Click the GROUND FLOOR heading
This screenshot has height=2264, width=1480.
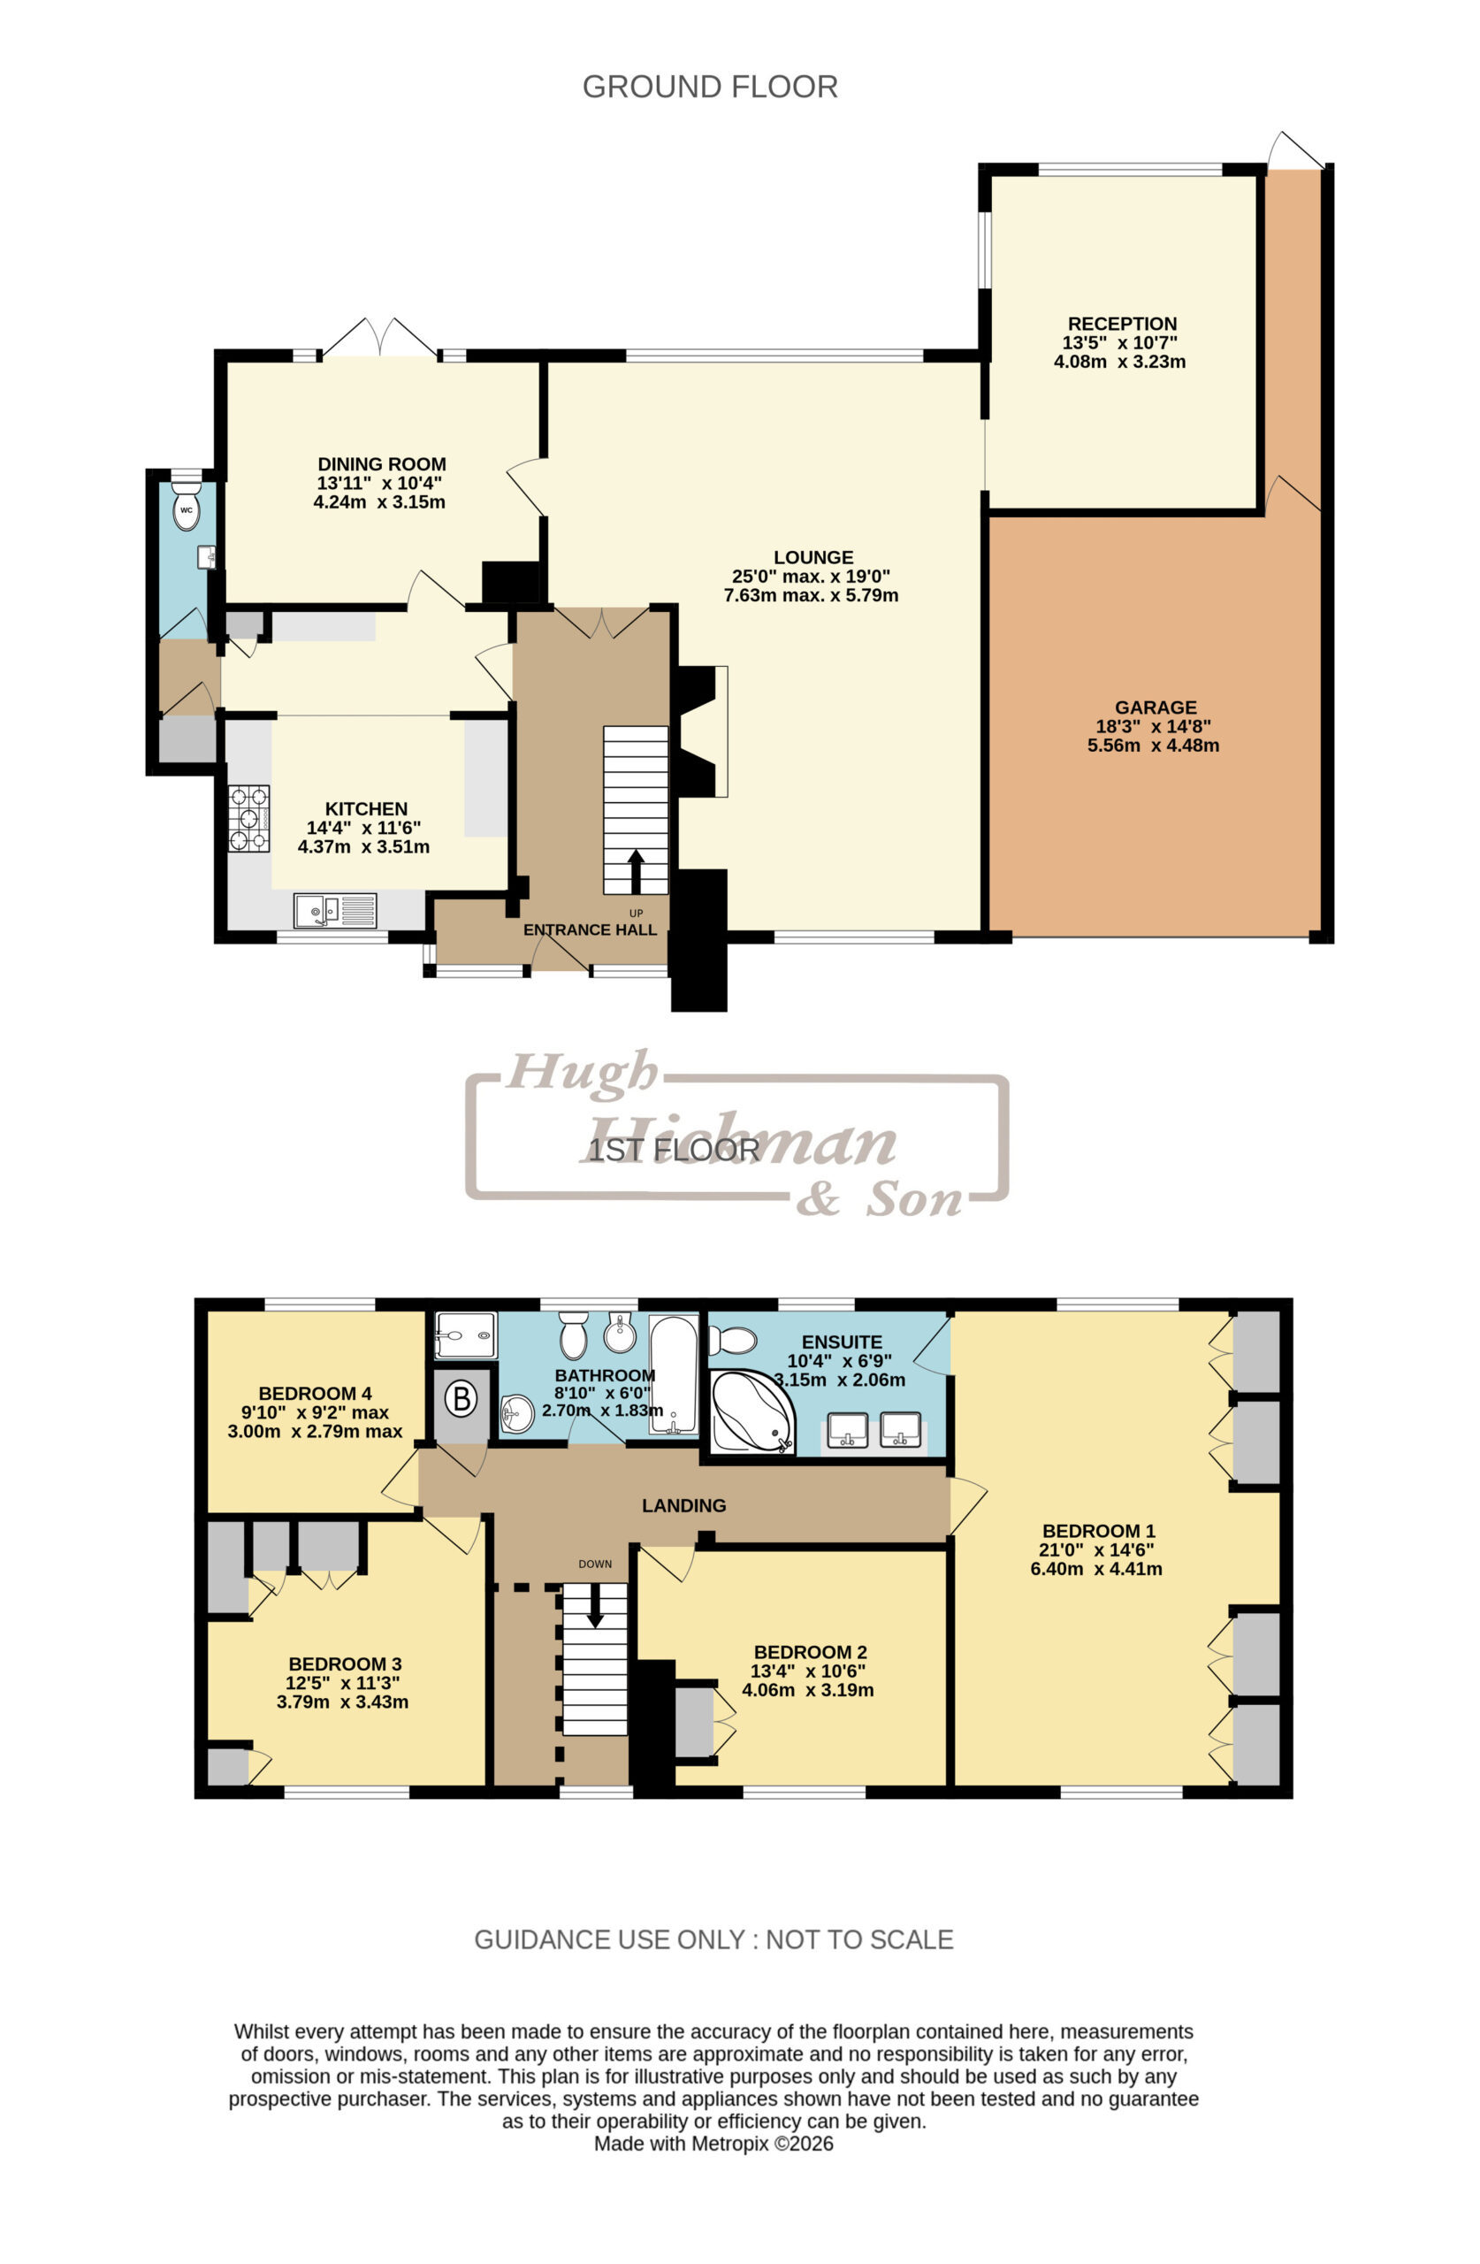(x=710, y=87)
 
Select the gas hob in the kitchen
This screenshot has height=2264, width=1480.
(x=249, y=818)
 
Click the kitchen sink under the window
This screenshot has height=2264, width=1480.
(x=335, y=910)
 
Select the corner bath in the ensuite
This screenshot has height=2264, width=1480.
(x=751, y=1411)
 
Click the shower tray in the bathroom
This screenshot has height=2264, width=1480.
(x=465, y=1335)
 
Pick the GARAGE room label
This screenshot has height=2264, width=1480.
(x=1155, y=707)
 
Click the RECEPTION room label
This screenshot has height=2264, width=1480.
(x=1121, y=324)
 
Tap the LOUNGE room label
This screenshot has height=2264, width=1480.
(x=812, y=557)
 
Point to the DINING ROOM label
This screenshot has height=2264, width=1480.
(x=381, y=464)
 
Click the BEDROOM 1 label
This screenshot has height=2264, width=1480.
(x=1098, y=1531)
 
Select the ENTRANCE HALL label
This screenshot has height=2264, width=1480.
(x=590, y=929)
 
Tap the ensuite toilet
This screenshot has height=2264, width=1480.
(x=733, y=1341)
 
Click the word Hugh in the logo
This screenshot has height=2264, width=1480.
(x=581, y=1071)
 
